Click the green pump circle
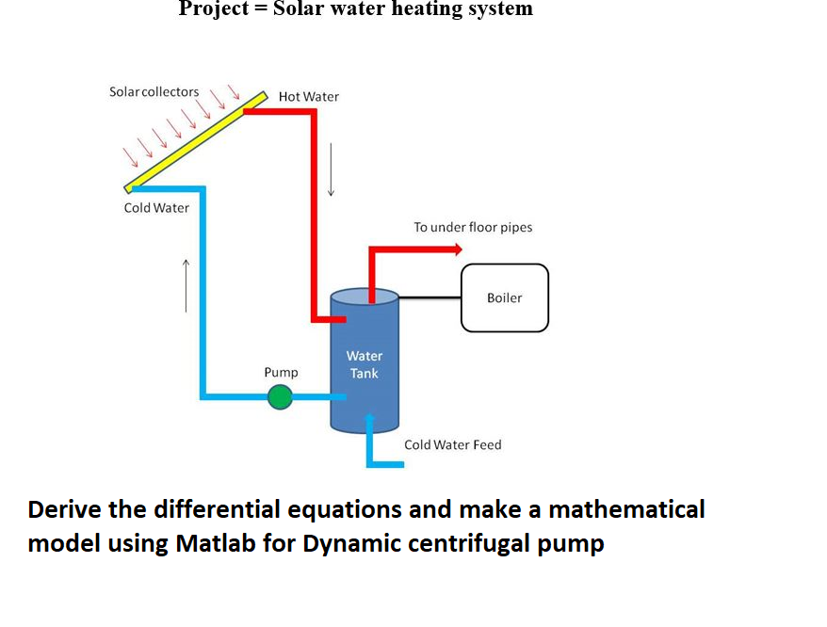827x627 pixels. click(x=280, y=398)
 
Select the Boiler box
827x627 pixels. click(x=504, y=297)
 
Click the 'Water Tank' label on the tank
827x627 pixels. click(x=365, y=364)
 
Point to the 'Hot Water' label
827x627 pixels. click(x=309, y=97)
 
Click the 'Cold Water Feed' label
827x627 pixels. click(x=452, y=444)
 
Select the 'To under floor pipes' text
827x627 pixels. click(x=473, y=228)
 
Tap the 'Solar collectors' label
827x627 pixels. click(x=154, y=92)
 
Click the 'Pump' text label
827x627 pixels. click(x=281, y=373)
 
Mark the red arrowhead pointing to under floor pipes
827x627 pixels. click(x=457, y=249)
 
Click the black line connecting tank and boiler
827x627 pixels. click(x=430, y=297)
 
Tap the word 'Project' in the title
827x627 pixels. click(x=214, y=9)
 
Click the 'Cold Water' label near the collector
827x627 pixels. click(x=156, y=208)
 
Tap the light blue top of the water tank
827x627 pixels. click(x=365, y=297)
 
